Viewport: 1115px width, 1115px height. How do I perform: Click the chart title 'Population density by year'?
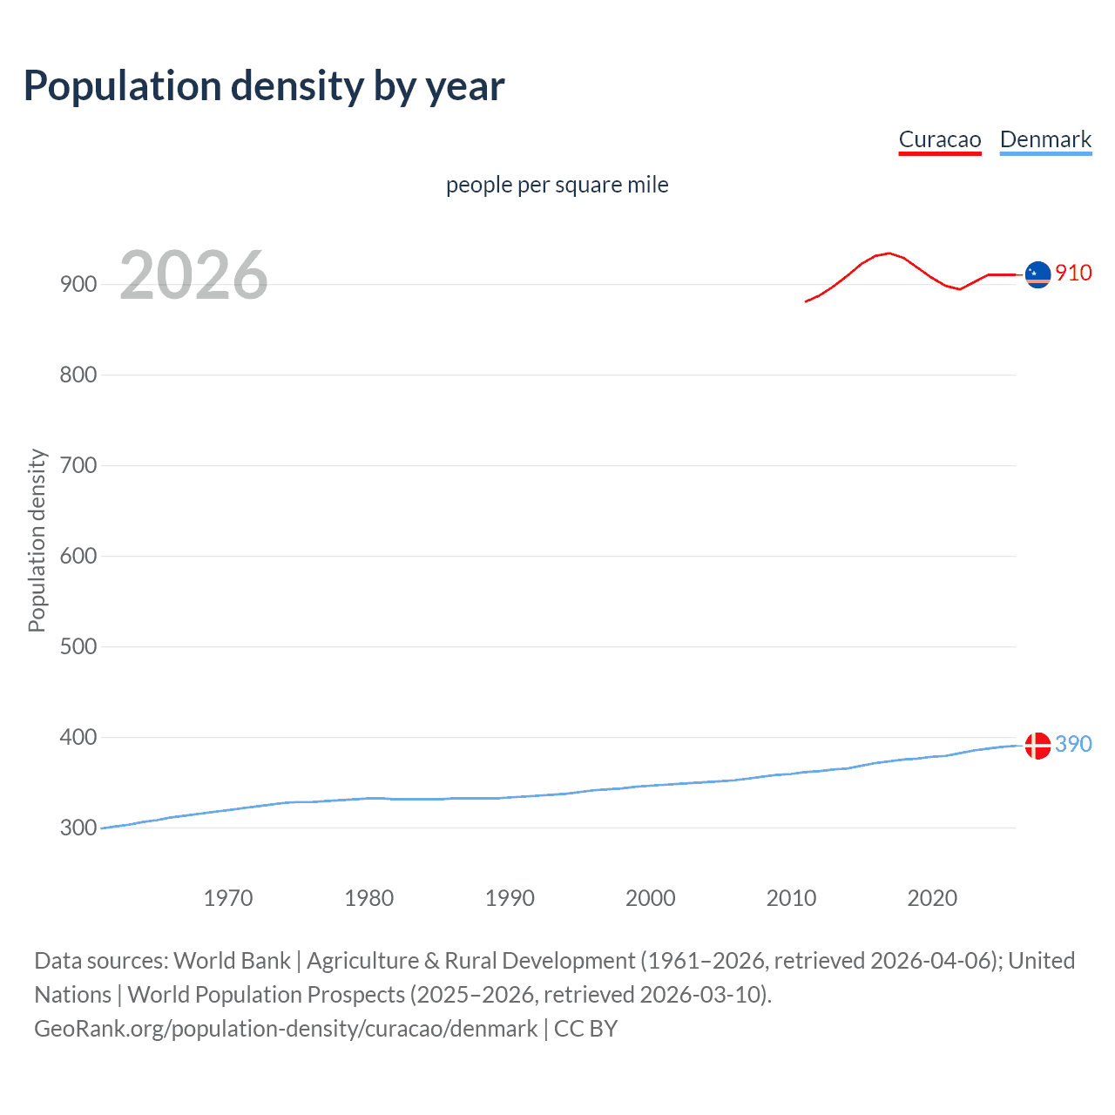[264, 86]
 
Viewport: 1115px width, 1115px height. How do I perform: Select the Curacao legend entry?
[940, 139]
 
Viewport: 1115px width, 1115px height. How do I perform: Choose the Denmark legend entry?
[1045, 139]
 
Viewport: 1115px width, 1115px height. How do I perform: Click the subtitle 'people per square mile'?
[557, 185]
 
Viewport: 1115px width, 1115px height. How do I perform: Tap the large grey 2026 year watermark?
[193, 275]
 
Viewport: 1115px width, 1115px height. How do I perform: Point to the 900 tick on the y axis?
[78, 284]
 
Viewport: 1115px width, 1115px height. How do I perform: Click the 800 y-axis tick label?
[78, 375]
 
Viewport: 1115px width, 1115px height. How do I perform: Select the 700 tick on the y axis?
[78, 465]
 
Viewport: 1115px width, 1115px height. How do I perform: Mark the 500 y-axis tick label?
[78, 646]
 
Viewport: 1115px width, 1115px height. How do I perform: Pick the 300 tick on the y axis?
[78, 828]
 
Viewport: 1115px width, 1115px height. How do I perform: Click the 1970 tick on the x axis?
[228, 898]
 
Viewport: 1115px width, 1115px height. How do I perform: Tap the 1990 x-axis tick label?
[510, 898]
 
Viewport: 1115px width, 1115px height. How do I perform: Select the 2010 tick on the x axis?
[791, 898]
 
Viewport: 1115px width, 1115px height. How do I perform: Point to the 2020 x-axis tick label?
[932, 898]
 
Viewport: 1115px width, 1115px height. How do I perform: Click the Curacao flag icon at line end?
[1037, 274]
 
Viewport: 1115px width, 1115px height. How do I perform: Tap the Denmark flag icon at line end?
[1037, 746]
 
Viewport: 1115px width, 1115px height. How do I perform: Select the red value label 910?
[1073, 273]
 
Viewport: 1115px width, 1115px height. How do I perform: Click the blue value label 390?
[1073, 744]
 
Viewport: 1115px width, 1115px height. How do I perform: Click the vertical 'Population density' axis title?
[37, 540]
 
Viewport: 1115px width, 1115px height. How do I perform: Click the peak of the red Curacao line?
[889, 253]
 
